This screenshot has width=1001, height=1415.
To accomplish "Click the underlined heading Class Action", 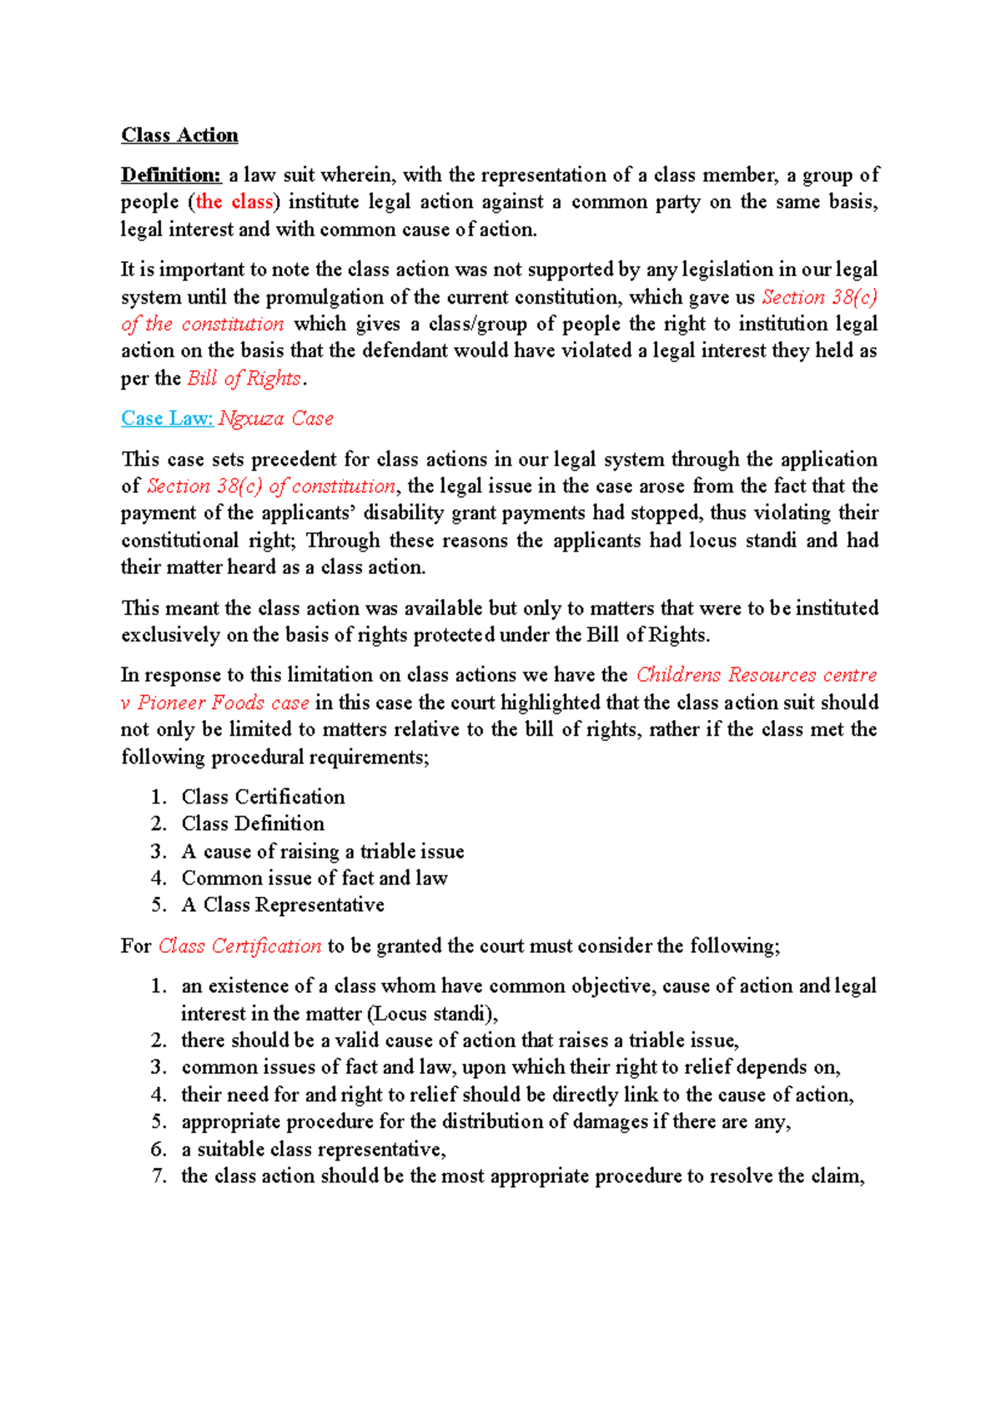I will click(179, 135).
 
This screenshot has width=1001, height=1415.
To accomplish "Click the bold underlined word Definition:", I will click(171, 175).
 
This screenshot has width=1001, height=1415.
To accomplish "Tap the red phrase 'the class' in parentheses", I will click(234, 202).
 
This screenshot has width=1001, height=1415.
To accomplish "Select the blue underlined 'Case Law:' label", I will click(167, 419).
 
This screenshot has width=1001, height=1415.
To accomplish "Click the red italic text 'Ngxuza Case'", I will click(276, 419).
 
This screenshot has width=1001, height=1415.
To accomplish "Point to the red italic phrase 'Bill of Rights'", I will click(244, 378).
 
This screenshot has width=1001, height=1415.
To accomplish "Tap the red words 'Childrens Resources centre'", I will click(756, 675).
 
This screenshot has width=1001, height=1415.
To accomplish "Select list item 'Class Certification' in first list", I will click(263, 797).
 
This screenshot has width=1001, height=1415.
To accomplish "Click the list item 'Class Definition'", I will click(253, 823).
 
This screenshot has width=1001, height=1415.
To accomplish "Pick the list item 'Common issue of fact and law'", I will click(314, 878).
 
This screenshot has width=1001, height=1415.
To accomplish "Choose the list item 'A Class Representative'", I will click(283, 905).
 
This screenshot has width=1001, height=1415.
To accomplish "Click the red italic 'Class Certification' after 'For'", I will click(239, 946).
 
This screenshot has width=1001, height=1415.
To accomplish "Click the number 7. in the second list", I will click(159, 1176).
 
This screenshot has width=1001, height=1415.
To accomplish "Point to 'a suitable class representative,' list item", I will click(314, 1150).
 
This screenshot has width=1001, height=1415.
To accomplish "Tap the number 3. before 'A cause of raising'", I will click(159, 851).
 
